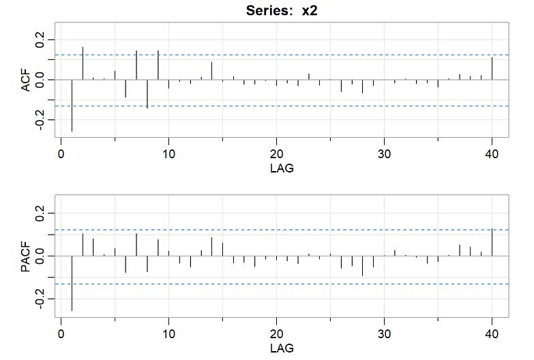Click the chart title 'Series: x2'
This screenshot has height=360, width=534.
tap(282, 12)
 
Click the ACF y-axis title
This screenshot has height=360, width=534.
tap(25, 80)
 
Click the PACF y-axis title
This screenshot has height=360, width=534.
tap(25, 256)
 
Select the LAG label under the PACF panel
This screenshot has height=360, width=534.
tap(282, 348)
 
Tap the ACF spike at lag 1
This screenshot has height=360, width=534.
tap(72, 105)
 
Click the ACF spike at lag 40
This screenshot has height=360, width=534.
tap(492, 69)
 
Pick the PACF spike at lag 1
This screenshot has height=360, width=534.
tap(72, 283)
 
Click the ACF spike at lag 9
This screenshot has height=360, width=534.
tap(158, 65)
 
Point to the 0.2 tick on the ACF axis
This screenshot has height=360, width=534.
tap(40, 37)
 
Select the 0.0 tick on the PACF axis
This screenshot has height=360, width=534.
tap(40, 256)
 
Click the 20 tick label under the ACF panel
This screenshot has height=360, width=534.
tap(276, 153)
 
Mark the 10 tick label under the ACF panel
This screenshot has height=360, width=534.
tap(168, 153)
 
